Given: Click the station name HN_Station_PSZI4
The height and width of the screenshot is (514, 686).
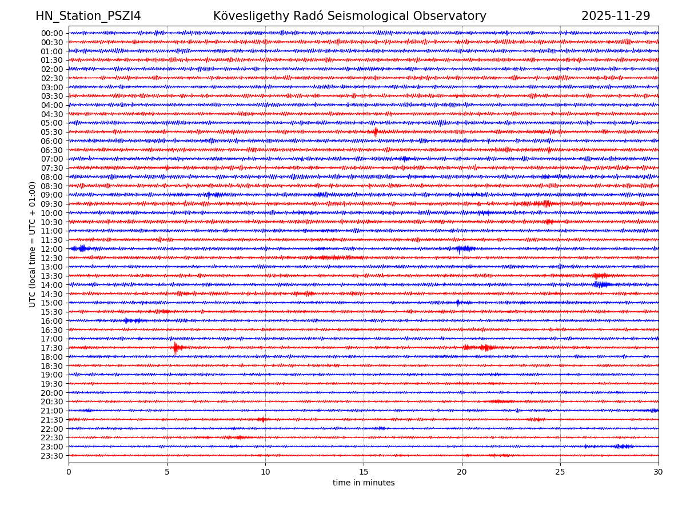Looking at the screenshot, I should coord(88,17).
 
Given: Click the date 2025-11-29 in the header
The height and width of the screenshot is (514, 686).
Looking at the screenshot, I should coord(616,17).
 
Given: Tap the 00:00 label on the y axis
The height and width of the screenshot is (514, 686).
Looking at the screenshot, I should coord(52,33).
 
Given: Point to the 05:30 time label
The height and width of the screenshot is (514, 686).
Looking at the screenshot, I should coord(52,132).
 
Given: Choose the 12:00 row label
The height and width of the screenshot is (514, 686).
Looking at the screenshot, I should coord(52,249).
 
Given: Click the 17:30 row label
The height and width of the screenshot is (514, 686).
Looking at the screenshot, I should coord(52,348).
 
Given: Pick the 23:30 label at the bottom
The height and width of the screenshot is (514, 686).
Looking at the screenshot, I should coord(52,456).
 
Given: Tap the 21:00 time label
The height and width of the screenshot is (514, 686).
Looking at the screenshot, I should coord(52,411).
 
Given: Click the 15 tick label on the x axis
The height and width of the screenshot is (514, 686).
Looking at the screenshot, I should coord(364,472).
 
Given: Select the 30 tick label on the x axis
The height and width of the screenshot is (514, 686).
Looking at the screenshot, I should coord(659,472).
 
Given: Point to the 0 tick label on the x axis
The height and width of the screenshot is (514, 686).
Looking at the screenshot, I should coord(69,472).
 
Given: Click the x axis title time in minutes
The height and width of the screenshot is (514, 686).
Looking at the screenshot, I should coord(364,483).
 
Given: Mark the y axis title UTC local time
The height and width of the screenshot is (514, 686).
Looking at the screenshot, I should coord(33,244).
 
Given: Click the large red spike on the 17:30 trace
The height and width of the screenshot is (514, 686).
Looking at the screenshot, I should coord(176,347).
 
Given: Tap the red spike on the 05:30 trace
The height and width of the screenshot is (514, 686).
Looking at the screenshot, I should coord(376,132).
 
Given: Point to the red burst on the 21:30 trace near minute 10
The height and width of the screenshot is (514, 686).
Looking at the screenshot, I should coord(262,420).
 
